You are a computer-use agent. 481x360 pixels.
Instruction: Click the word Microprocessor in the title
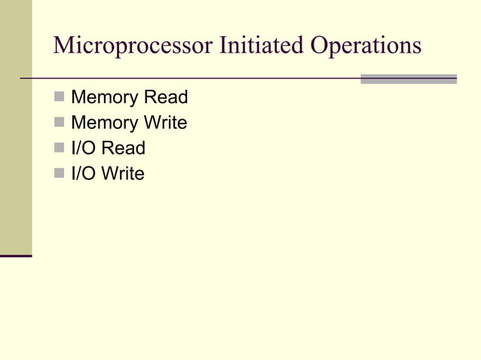[x=132, y=45]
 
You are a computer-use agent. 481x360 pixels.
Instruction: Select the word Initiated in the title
[x=259, y=45]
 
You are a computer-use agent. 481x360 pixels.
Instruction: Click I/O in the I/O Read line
[x=83, y=148]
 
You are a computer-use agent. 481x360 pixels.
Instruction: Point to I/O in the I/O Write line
[x=83, y=174]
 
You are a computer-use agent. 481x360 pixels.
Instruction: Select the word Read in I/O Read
[x=124, y=148]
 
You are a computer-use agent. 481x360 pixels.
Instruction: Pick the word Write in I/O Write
[x=123, y=174]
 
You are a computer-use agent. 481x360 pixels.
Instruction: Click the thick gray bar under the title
[x=409, y=78]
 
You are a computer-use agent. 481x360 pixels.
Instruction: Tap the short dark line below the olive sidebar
[x=16, y=256]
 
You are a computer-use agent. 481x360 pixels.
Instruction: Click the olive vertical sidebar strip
[x=16, y=128]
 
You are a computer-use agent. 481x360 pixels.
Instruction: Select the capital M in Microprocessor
[x=64, y=45]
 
